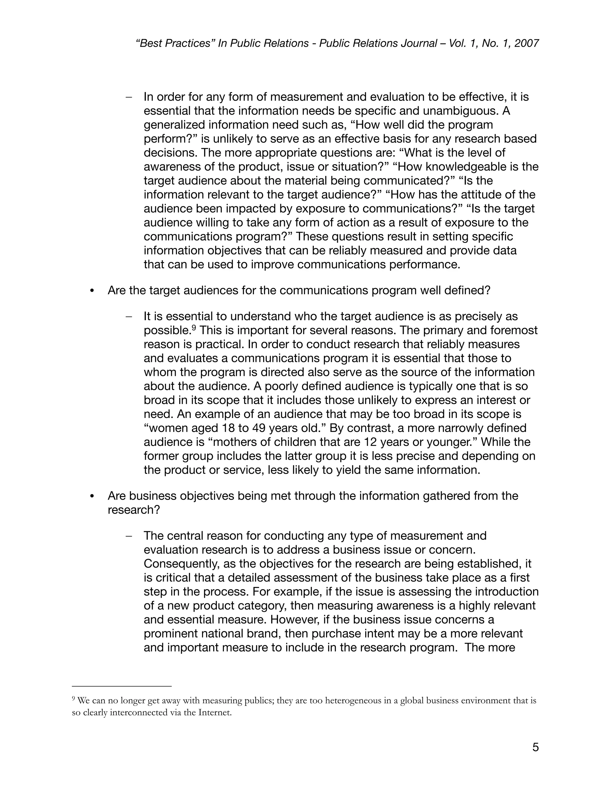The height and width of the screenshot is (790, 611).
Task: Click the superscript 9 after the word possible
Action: pos(194,327)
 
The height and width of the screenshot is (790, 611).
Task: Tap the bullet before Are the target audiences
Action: pos(92,291)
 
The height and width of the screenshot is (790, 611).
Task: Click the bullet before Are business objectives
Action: pos(92,496)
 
